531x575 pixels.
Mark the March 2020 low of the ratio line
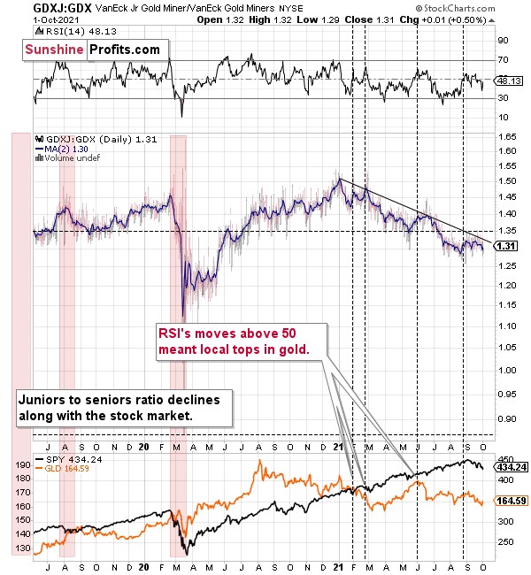click(183, 316)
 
